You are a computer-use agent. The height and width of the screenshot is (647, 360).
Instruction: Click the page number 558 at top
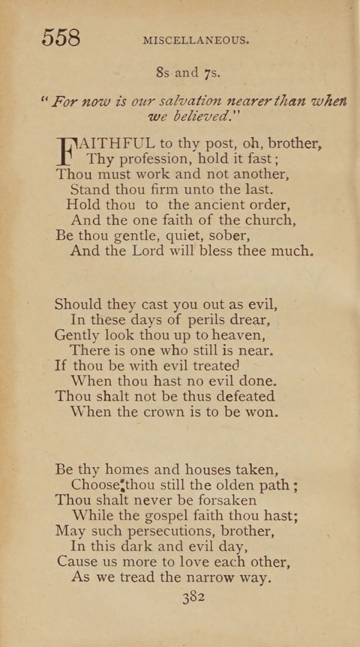(x=61, y=37)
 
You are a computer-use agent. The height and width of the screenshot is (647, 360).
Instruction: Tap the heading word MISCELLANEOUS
(x=195, y=40)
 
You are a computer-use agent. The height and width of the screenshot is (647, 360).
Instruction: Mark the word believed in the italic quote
(x=196, y=118)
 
